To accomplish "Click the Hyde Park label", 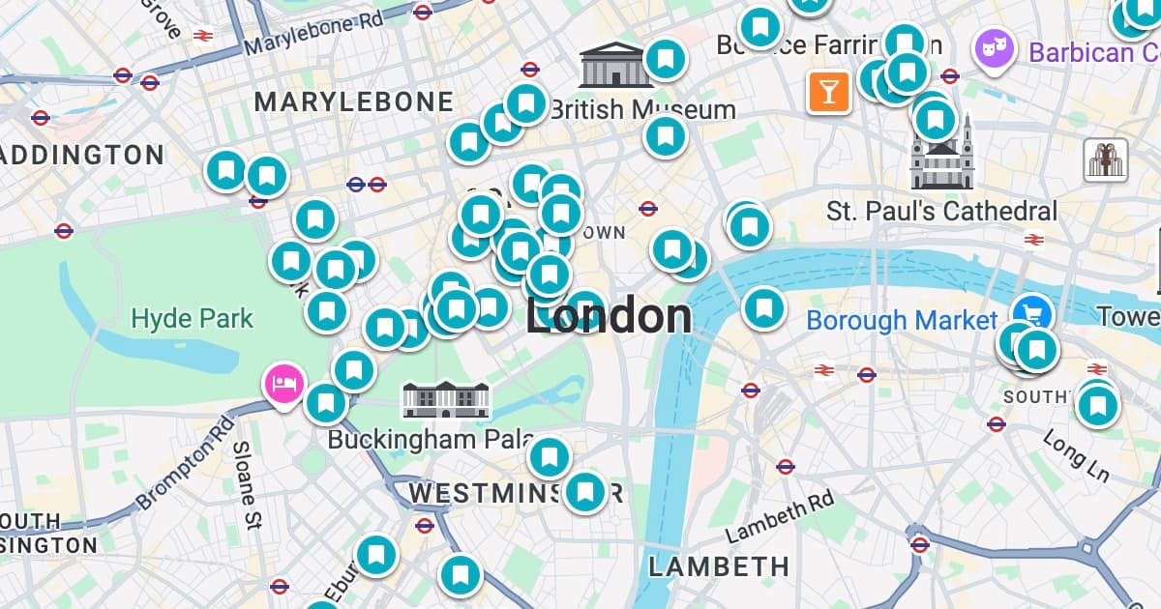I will coord(192,318).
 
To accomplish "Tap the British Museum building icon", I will coord(610,65).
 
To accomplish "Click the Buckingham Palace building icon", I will coord(446,399).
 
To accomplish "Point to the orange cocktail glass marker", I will coord(829,92).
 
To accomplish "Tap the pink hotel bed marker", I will coord(284,384).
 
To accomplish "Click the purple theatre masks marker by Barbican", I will coord(994,48).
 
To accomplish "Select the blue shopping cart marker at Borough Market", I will coord(1032,311).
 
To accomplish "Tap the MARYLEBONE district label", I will coord(353,101).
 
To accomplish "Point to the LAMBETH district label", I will coord(719,566).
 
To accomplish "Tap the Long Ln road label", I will coord(1076,454).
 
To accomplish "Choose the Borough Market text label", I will coord(901,320).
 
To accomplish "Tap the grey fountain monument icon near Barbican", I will coord(1107,159).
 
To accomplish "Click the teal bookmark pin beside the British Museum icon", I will coord(665,60).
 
